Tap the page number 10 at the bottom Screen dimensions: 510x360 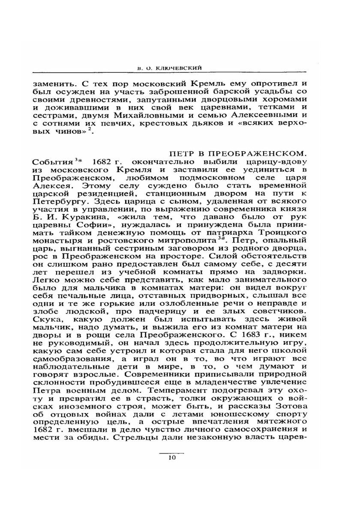tap(172, 458)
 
